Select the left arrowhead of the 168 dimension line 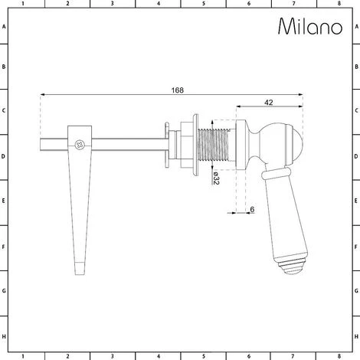point(42,95)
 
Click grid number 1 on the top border point(25,4)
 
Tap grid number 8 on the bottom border point(334,355)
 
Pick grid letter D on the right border point(355,158)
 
